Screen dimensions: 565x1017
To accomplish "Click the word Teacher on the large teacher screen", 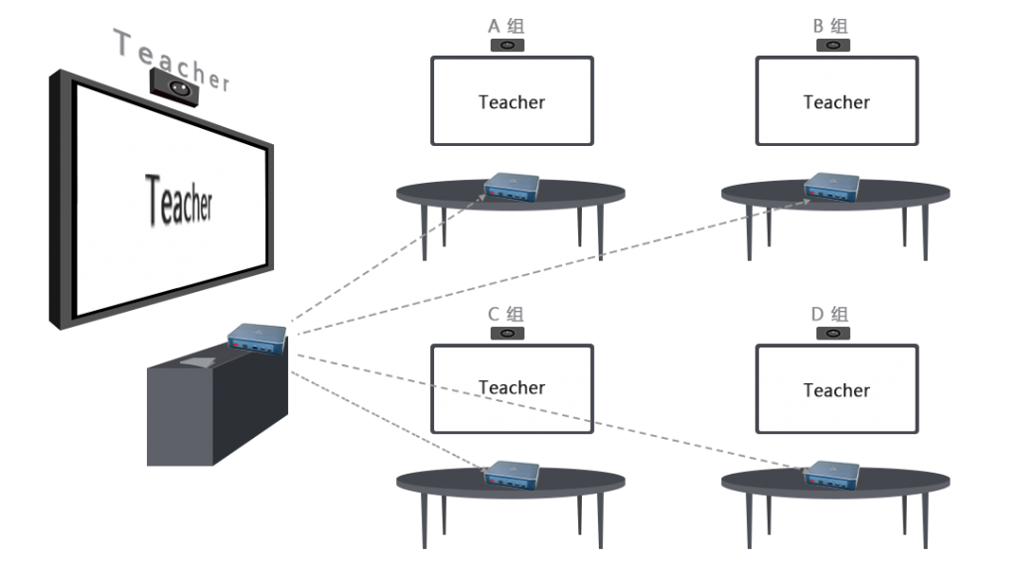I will pyautogui.click(x=179, y=198).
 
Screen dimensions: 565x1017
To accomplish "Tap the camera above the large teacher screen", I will pyautogui.click(x=175, y=88).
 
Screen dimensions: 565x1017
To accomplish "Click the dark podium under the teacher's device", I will pyautogui.click(x=214, y=407).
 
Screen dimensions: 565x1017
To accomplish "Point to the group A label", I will pyautogui.click(x=508, y=27).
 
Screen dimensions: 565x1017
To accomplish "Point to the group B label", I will pyautogui.click(x=832, y=27).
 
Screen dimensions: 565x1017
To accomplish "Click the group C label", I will pyautogui.click(x=508, y=315).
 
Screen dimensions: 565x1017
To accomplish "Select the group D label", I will pyautogui.click(x=831, y=315).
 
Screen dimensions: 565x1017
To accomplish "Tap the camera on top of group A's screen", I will pyautogui.click(x=508, y=46).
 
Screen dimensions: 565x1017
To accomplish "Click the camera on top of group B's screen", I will pyautogui.click(x=832, y=46).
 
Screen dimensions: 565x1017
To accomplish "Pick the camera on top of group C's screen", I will pyautogui.click(x=508, y=334).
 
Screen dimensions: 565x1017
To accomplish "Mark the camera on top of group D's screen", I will pyautogui.click(x=832, y=334).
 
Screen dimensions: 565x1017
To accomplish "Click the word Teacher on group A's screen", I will pyautogui.click(x=511, y=101).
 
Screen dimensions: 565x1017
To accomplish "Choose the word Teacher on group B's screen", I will pyautogui.click(x=836, y=101).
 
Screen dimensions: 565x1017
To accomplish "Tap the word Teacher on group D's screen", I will pyautogui.click(x=836, y=390).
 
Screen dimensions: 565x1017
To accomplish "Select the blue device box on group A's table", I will pyautogui.click(x=511, y=186).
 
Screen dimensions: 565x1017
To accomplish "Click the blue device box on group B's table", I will pyautogui.click(x=832, y=186).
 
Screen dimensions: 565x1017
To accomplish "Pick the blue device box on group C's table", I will pyautogui.click(x=511, y=473).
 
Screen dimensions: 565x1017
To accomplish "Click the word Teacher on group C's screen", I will pyautogui.click(x=511, y=387).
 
